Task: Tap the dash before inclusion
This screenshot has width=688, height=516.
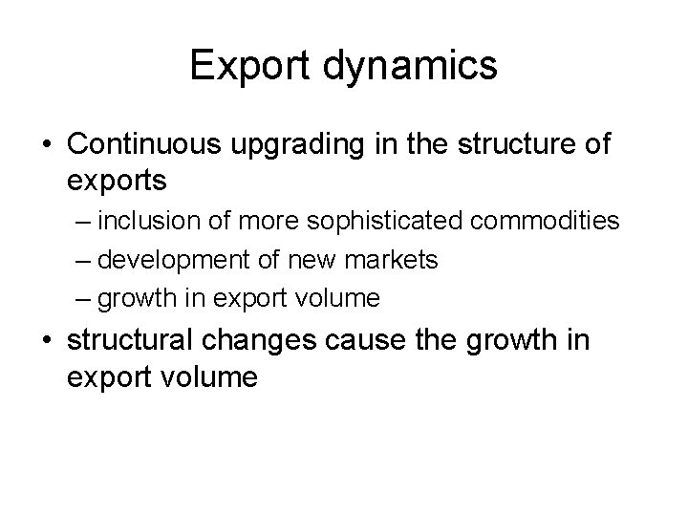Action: (83, 223)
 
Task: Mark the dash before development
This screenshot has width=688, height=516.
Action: (83, 261)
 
